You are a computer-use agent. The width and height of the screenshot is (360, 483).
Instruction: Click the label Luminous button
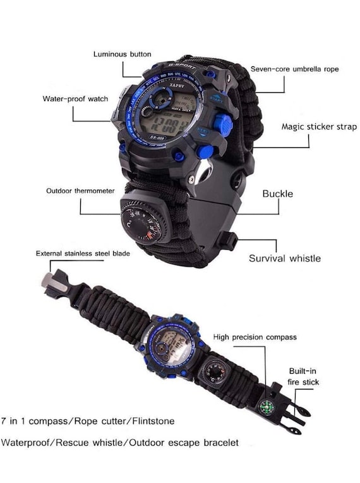tap(122, 54)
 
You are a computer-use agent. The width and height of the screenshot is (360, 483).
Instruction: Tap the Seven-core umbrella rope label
tap(295, 68)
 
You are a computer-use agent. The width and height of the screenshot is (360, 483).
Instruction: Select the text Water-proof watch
tap(75, 99)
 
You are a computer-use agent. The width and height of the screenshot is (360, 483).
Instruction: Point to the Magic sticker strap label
tap(318, 126)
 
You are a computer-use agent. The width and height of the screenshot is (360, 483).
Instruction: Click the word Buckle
tap(277, 193)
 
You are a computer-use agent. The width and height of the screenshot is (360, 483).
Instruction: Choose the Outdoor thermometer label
tap(80, 190)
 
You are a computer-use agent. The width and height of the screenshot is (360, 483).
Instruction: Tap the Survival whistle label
tap(284, 258)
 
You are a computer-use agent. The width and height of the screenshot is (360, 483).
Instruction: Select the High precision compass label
tap(255, 337)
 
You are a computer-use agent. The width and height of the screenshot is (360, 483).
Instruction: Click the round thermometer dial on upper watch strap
tap(145, 222)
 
